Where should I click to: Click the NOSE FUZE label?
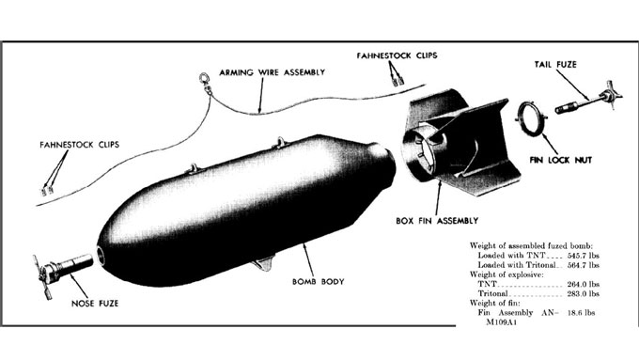pyautogui.click(x=95, y=304)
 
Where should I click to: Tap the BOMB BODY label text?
pyautogui.click(x=319, y=281)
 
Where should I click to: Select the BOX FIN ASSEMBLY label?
pyautogui.click(x=437, y=221)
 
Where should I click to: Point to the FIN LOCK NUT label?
pyautogui.click(x=561, y=160)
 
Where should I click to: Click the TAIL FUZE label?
pyautogui.click(x=555, y=65)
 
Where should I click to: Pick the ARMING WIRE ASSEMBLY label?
pyautogui.click(x=273, y=72)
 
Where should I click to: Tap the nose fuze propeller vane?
pyautogui.click(x=42, y=277)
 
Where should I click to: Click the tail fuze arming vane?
pyautogui.click(x=611, y=95)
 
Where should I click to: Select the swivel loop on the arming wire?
pyautogui.click(x=205, y=80)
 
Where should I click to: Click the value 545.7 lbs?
pyautogui.click(x=584, y=256)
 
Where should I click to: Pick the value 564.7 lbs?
pyautogui.click(x=584, y=265)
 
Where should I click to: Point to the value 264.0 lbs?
pyautogui.click(x=584, y=284)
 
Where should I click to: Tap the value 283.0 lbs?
pyautogui.click(x=584, y=293)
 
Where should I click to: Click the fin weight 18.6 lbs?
pyautogui.click(x=581, y=313)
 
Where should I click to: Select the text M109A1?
pyautogui.click(x=501, y=322)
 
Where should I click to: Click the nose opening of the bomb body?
pyautogui.click(x=100, y=256)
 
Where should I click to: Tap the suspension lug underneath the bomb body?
pyautogui.click(x=263, y=263)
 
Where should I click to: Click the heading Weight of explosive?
pyautogui.click(x=507, y=274)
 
